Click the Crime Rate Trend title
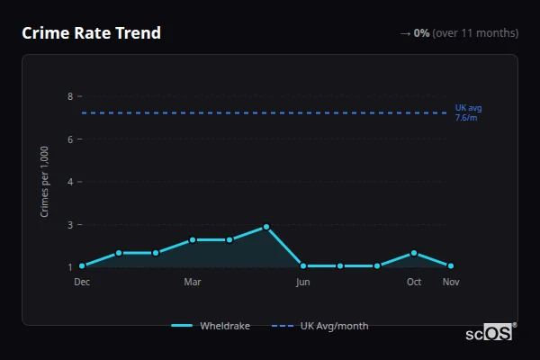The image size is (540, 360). [x=91, y=33]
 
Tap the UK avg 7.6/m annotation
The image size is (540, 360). [x=468, y=112]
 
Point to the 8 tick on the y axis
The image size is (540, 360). [x=69, y=96]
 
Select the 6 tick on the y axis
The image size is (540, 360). [x=69, y=139]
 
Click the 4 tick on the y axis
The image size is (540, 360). [x=69, y=182]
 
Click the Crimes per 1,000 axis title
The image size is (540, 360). [x=44, y=181]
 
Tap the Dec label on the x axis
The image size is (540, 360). [x=82, y=282]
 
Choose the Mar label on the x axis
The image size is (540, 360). [x=192, y=282]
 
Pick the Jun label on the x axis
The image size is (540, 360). [x=303, y=282]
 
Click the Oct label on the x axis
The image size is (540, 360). [x=414, y=282]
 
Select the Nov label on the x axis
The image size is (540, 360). [x=451, y=282]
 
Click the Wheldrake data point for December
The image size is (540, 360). [x=82, y=266]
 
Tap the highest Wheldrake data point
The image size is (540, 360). [x=266, y=227]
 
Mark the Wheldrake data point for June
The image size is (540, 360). [x=303, y=266]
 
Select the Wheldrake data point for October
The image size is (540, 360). [x=414, y=253]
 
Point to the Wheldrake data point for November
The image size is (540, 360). [x=451, y=266]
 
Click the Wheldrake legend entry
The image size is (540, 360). [x=211, y=326]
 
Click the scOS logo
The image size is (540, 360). [x=490, y=332]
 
